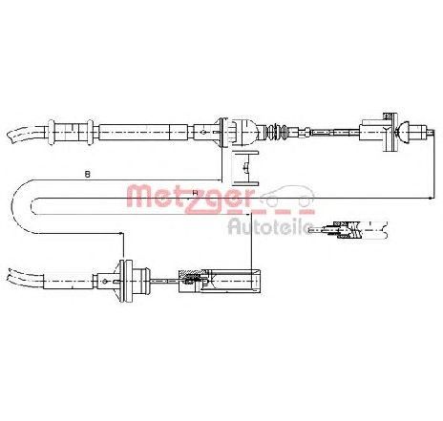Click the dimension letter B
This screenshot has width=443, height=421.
[88, 174]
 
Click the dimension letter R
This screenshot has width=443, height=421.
[195, 193]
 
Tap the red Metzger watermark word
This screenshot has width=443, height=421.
[191, 199]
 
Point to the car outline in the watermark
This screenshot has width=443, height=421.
[286, 196]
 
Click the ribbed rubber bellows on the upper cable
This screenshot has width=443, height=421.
[276, 131]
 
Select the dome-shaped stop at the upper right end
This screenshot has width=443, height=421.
[402, 131]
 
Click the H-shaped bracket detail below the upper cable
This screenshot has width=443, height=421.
[245, 168]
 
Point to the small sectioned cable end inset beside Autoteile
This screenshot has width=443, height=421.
[349, 229]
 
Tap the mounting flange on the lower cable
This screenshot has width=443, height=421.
[126, 281]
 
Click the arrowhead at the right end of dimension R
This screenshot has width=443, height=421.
[431, 198]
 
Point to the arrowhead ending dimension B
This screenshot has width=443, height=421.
[220, 180]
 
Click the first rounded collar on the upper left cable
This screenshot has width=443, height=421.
[51, 132]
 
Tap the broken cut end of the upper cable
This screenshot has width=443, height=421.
[12, 136]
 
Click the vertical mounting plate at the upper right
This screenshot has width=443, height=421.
[391, 132]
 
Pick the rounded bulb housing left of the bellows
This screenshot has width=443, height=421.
[246, 132]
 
